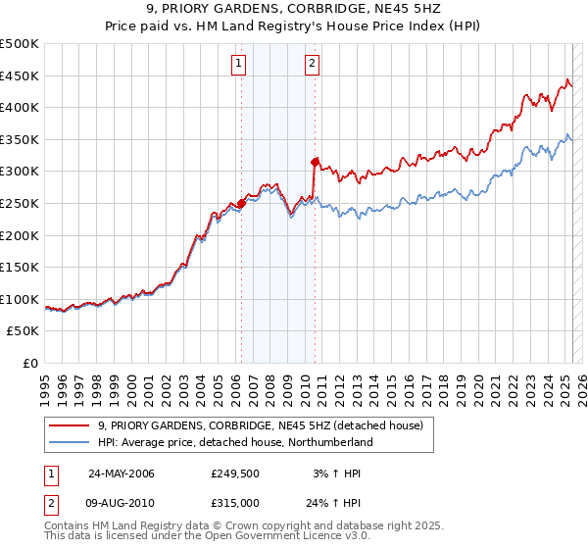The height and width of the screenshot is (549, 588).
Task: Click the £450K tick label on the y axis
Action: coord(20,75)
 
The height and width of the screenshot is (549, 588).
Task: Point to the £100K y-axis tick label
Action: coord(20,299)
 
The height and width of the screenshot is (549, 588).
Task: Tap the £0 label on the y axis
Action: coord(30,363)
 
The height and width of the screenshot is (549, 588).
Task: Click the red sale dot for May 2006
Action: coord(241,204)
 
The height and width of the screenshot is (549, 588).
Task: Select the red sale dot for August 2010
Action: coord(315,162)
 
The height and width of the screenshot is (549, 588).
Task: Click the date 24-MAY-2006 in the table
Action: coord(122,473)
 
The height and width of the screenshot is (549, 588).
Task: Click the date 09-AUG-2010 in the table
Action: coord(122,502)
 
